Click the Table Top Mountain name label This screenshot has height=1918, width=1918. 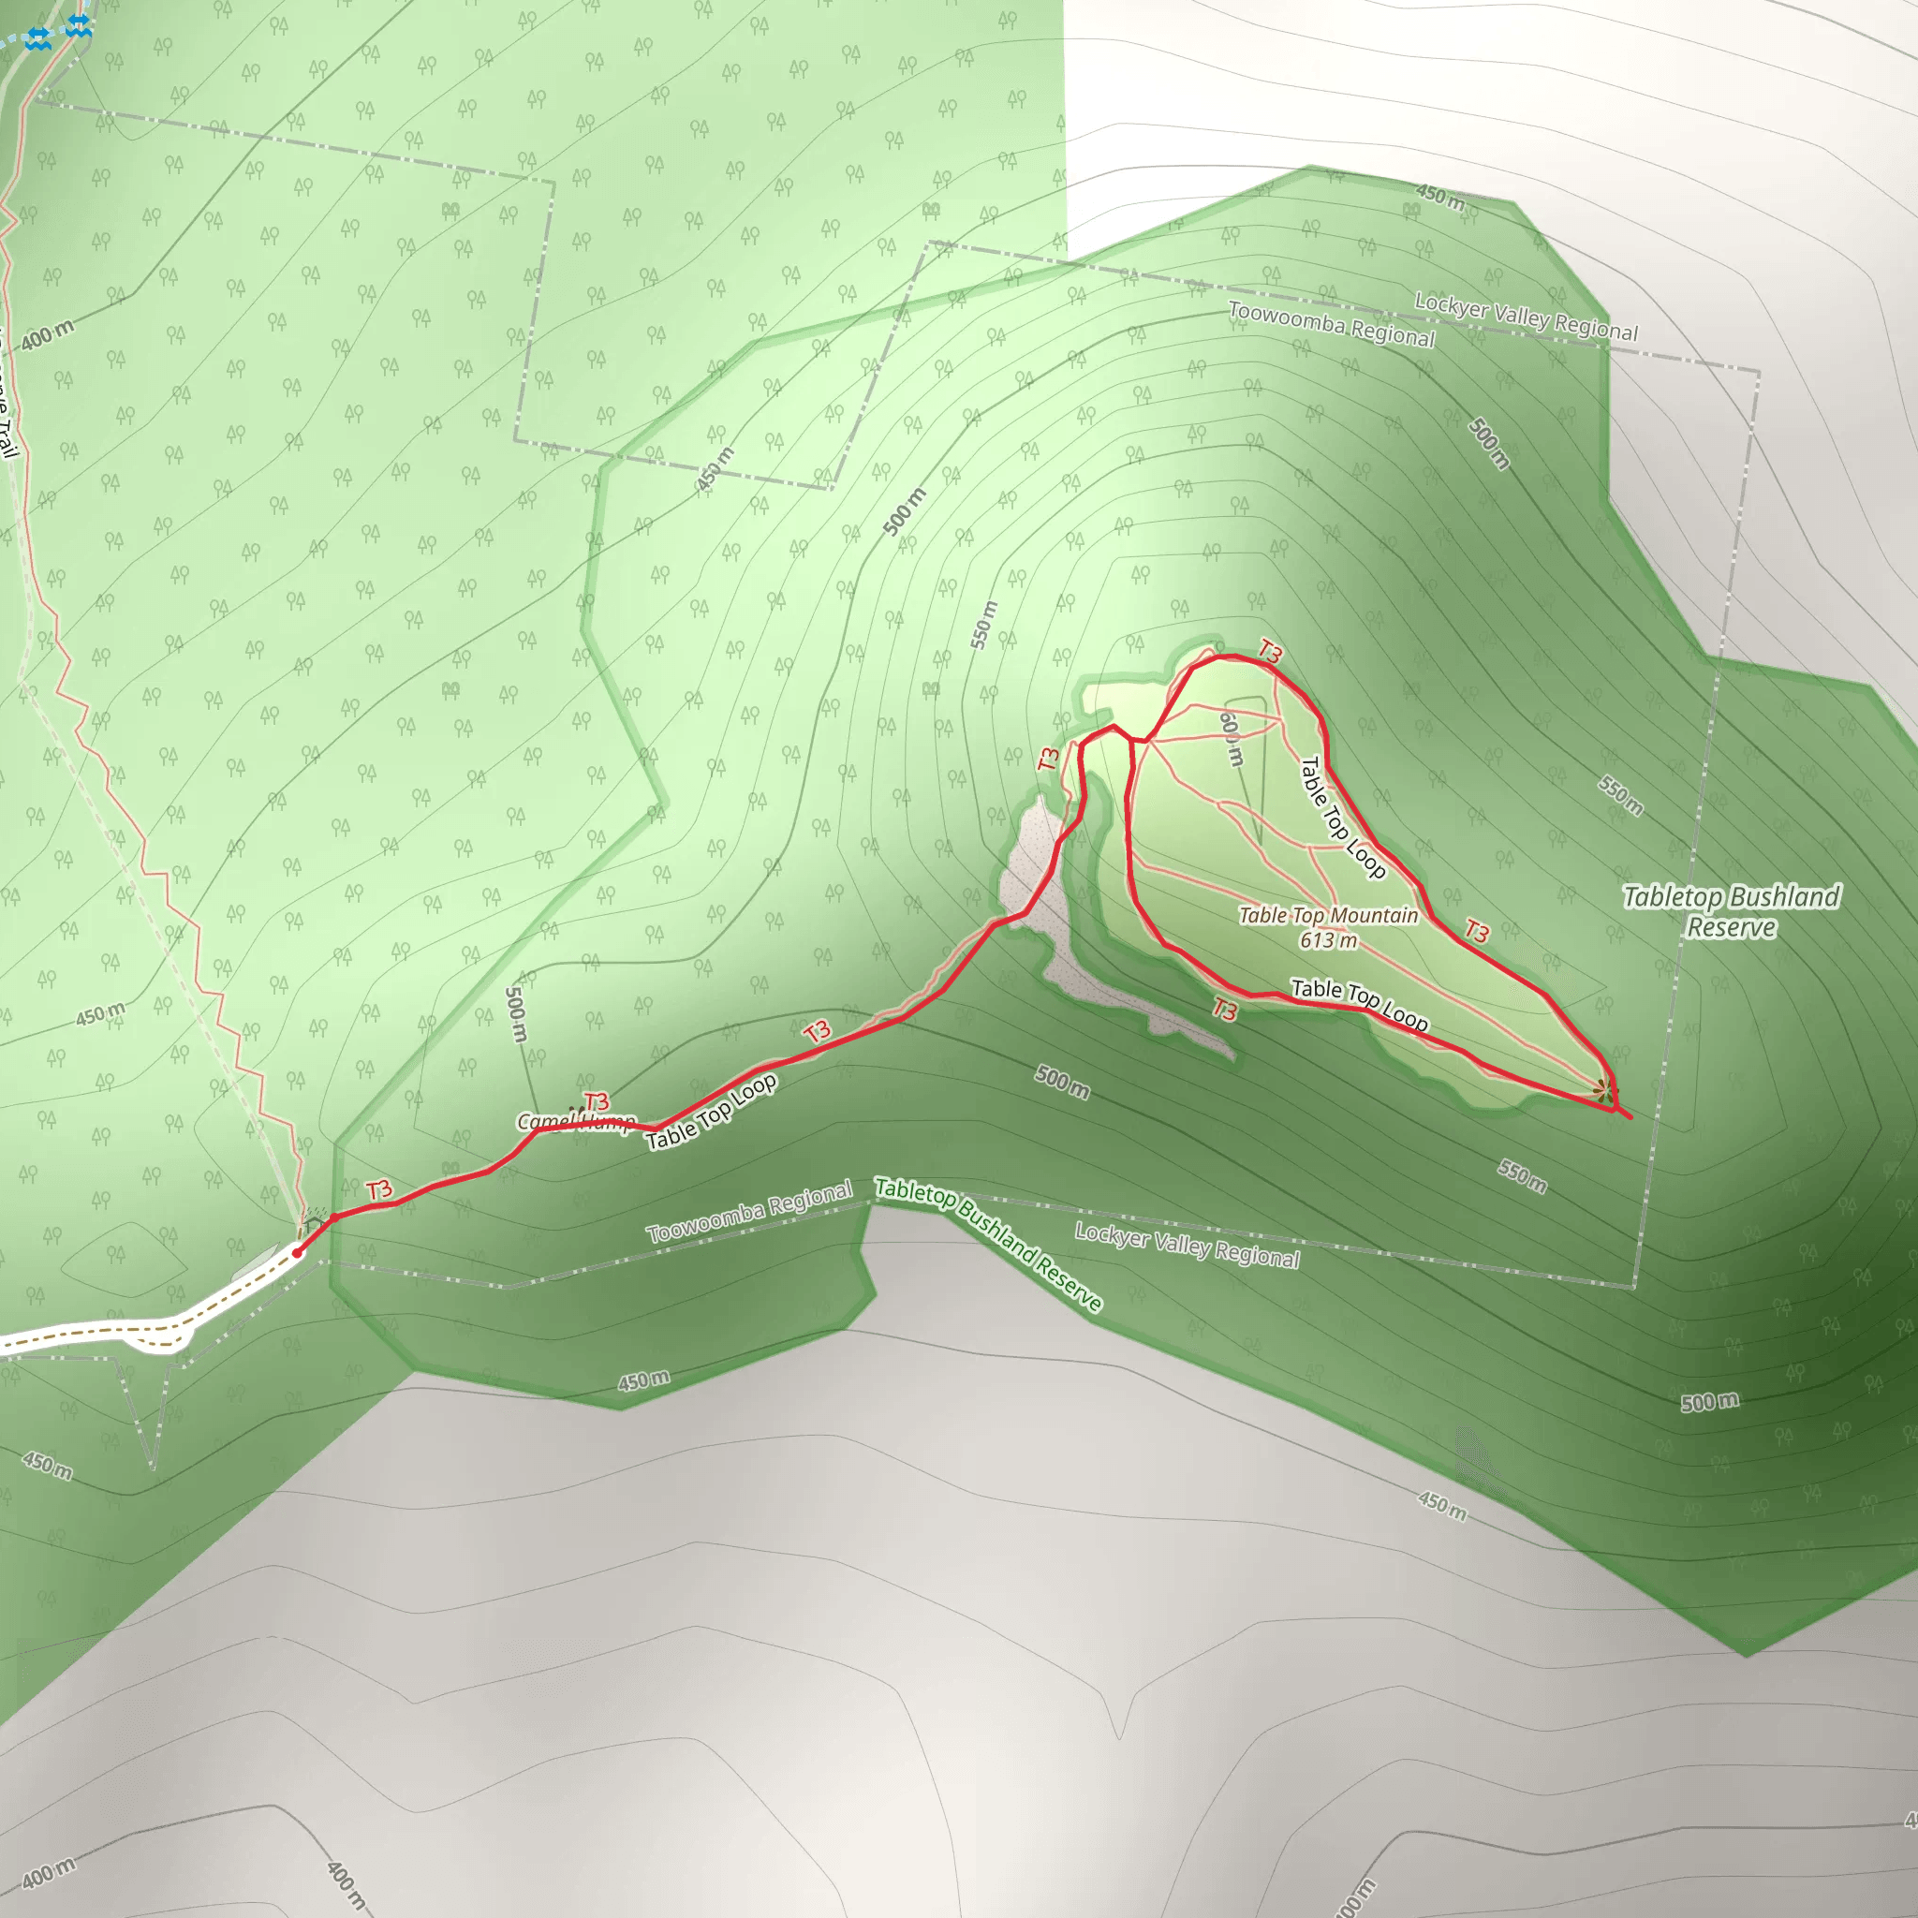click(x=1327, y=915)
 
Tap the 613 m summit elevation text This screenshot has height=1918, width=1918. click(x=1327, y=940)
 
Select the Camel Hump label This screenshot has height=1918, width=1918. click(x=576, y=1122)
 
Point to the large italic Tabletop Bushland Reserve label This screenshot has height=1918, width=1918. click(x=1732, y=911)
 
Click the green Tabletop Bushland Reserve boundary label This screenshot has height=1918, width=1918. click(x=988, y=1244)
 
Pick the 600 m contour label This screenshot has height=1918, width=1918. click(x=1230, y=739)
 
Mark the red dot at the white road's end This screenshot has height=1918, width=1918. click(x=298, y=1253)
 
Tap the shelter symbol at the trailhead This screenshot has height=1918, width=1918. click(x=315, y=1215)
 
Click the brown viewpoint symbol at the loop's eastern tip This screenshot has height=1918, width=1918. click(x=1602, y=1091)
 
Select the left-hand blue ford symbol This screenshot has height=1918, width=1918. click(x=37, y=39)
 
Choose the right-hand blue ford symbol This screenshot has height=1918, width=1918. click(x=80, y=26)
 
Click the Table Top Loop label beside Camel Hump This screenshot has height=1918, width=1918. click(x=711, y=1113)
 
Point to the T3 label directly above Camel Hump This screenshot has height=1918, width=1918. click(x=597, y=1102)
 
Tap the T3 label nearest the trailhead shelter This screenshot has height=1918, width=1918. click(x=379, y=1190)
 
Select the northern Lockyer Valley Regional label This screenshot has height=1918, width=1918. click(x=1526, y=317)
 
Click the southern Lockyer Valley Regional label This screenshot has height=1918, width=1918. click(x=1188, y=1246)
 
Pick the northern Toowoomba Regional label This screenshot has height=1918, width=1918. click(x=1332, y=325)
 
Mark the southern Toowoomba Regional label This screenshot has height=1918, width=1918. click(x=749, y=1212)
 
